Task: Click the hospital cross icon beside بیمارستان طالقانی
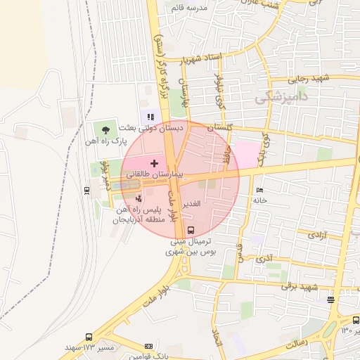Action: [x=154, y=163]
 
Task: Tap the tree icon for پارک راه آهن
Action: [x=105, y=129]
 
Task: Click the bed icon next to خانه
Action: [x=259, y=191]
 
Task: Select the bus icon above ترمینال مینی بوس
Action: [x=191, y=229]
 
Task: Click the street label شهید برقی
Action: [x=300, y=285]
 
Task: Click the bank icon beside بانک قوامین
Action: [x=148, y=346]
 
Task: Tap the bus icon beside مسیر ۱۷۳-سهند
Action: [x=89, y=337]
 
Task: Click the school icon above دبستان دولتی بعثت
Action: [x=150, y=117]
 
